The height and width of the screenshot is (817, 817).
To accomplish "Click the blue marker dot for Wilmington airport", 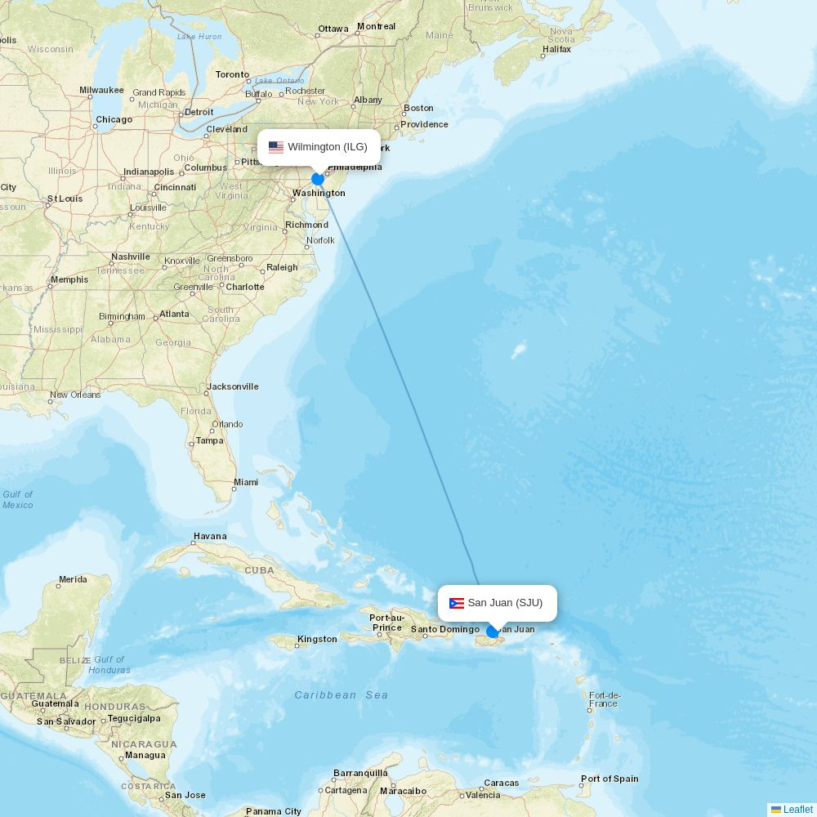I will (318, 179).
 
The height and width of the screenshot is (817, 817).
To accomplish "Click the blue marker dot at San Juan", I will (493, 632).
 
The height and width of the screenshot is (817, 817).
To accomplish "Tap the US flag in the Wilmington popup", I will (276, 148).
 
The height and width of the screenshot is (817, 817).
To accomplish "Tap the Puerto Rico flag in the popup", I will (457, 604).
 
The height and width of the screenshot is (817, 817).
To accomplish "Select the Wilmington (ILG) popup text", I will (328, 147).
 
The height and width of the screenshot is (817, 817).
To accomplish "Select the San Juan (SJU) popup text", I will (505, 603).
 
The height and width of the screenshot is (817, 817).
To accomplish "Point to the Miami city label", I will (246, 482).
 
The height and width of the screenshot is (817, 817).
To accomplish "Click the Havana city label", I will (210, 537).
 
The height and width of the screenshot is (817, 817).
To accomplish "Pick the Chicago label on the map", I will (114, 119).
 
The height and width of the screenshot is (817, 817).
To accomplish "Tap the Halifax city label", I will (556, 49).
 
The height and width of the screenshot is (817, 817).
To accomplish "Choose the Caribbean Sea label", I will (342, 695).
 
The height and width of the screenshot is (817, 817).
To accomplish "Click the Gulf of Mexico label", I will (18, 499).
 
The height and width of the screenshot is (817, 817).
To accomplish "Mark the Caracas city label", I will (501, 783).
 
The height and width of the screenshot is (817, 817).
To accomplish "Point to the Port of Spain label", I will (609, 779).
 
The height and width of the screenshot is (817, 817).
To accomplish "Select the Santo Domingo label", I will (445, 629).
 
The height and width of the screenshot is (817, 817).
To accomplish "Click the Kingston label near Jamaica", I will (317, 639).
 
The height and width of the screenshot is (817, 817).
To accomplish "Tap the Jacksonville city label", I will (233, 386).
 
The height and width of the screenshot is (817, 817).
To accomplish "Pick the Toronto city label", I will (232, 74).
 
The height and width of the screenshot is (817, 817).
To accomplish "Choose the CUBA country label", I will (260, 570).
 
